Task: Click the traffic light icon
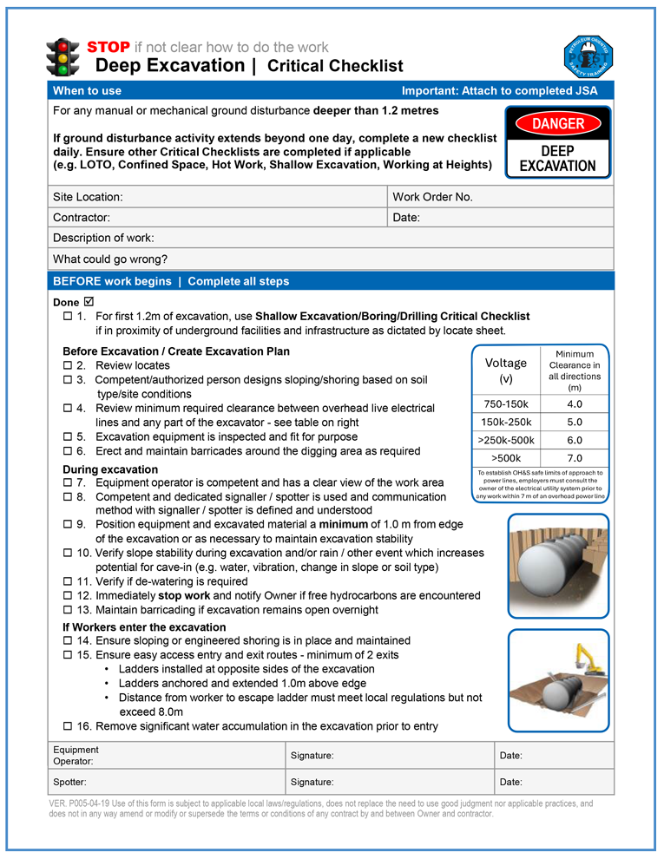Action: [62, 56]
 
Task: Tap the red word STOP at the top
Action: [108, 47]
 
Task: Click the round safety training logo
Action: [589, 56]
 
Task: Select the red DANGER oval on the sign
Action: [558, 124]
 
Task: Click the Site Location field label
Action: [88, 197]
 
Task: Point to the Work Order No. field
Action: [432, 197]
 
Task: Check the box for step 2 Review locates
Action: [68, 366]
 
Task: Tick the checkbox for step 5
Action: [68, 437]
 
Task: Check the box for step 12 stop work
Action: [68, 595]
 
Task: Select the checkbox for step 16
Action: [68, 726]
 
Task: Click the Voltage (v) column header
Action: [506, 370]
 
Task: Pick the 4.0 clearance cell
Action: [575, 404]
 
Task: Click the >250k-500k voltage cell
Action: [506, 440]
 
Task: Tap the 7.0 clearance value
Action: [575, 458]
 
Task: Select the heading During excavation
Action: [110, 469]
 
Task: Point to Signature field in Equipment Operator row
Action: [312, 756]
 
